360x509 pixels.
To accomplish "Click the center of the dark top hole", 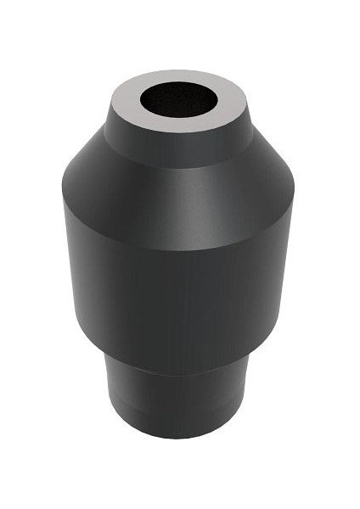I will click(179, 99).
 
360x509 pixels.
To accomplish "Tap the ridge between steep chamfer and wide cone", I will click(179, 165).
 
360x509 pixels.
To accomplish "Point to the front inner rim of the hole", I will click(179, 116).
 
